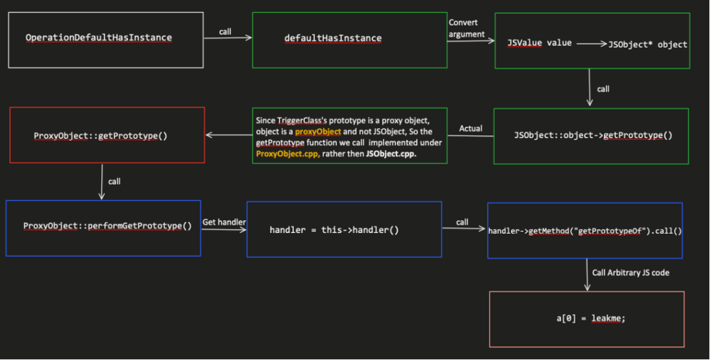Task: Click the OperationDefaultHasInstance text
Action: coord(98,37)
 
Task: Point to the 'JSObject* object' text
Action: coord(648,44)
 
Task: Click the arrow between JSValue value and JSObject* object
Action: coord(591,44)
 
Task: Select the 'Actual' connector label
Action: coord(471,128)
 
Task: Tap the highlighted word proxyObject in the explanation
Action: coord(318,131)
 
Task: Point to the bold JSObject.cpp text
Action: coord(391,153)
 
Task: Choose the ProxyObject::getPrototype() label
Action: coord(101,135)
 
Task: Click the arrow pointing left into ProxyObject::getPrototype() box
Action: coord(228,135)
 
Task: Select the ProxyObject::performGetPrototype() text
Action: coord(107,226)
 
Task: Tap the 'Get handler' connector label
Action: coord(223,222)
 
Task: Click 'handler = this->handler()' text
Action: coord(334,229)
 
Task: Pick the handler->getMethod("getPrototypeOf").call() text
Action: coord(585,230)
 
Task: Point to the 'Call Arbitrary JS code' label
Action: coord(631,273)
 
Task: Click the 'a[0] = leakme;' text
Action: coord(587,318)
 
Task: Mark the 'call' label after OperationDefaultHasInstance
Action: coord(226,32)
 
